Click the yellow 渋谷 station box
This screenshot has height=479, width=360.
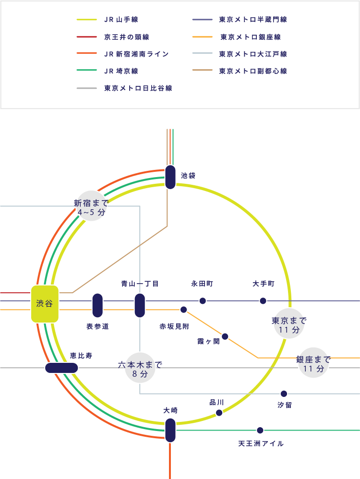[x=45, y=304]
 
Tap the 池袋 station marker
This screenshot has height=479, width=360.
[x=170, y=177]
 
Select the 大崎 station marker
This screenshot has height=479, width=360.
[x=170, y=430]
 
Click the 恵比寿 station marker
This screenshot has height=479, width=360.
[x=61, y=368]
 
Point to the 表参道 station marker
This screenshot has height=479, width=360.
[x=97, y=305]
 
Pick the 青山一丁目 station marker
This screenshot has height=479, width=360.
[x=140, y=305]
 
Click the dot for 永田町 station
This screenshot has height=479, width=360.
[x=203, y=301]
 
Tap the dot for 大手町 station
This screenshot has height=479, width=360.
[x=263, y=301]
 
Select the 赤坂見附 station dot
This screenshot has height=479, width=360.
[x=183, y=310]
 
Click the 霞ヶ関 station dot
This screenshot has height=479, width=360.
[x=225, y=336]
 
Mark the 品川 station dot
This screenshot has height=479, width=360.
[x=219, y=413]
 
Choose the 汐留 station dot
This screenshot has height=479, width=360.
[x=284, y=394]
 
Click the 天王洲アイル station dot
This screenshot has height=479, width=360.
[x=260, y=430]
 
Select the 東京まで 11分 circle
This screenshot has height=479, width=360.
[x=289, y=325]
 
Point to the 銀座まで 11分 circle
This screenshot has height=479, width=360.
[x=313, y=364]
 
